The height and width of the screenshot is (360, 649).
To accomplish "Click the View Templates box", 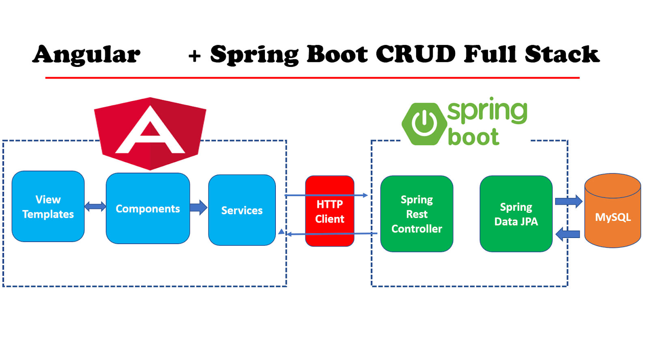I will coord(48,206).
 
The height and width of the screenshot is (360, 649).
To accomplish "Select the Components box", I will coord(148,208).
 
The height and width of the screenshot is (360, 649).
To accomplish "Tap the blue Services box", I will coord(242,210).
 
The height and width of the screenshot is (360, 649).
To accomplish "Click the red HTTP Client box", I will coord(329,211).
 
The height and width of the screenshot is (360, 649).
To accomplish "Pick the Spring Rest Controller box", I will coord(417,214).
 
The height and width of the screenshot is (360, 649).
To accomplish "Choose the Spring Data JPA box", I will coord(516,214).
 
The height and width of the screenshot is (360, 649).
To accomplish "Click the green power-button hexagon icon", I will coord(424,124).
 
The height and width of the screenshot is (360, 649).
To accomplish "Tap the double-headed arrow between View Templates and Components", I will coord(95,207).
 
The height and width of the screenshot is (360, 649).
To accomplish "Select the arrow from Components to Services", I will coord(198,207).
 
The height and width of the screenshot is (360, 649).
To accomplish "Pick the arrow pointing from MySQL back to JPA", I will coord(567,234).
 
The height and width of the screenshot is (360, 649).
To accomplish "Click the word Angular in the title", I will coord(86,54).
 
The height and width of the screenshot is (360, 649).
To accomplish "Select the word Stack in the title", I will coord(562,54).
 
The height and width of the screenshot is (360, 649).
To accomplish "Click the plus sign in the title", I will coord(194,56).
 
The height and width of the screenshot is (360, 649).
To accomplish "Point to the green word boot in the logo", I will coord(473,137).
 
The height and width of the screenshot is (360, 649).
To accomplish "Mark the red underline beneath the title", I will coord(312,77).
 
